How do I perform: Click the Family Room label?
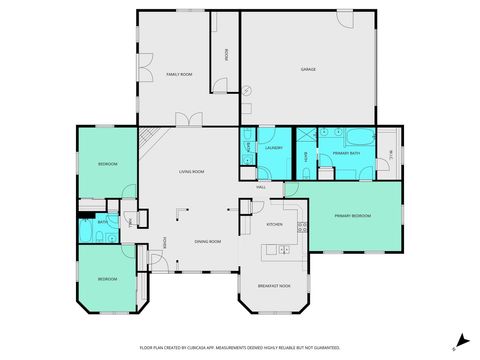(178, 75)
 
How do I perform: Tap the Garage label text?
(309, 69)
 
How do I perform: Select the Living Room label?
(192, 172)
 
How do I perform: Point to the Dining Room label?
(207, 242)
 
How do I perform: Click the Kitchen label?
(274, 225)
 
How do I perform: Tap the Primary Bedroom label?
(352, 216)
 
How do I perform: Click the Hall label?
(261, 187)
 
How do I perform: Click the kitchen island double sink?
(284, 249)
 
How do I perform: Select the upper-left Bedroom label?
(107, 163)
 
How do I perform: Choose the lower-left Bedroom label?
(106, 278)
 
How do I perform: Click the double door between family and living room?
(188, 121)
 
